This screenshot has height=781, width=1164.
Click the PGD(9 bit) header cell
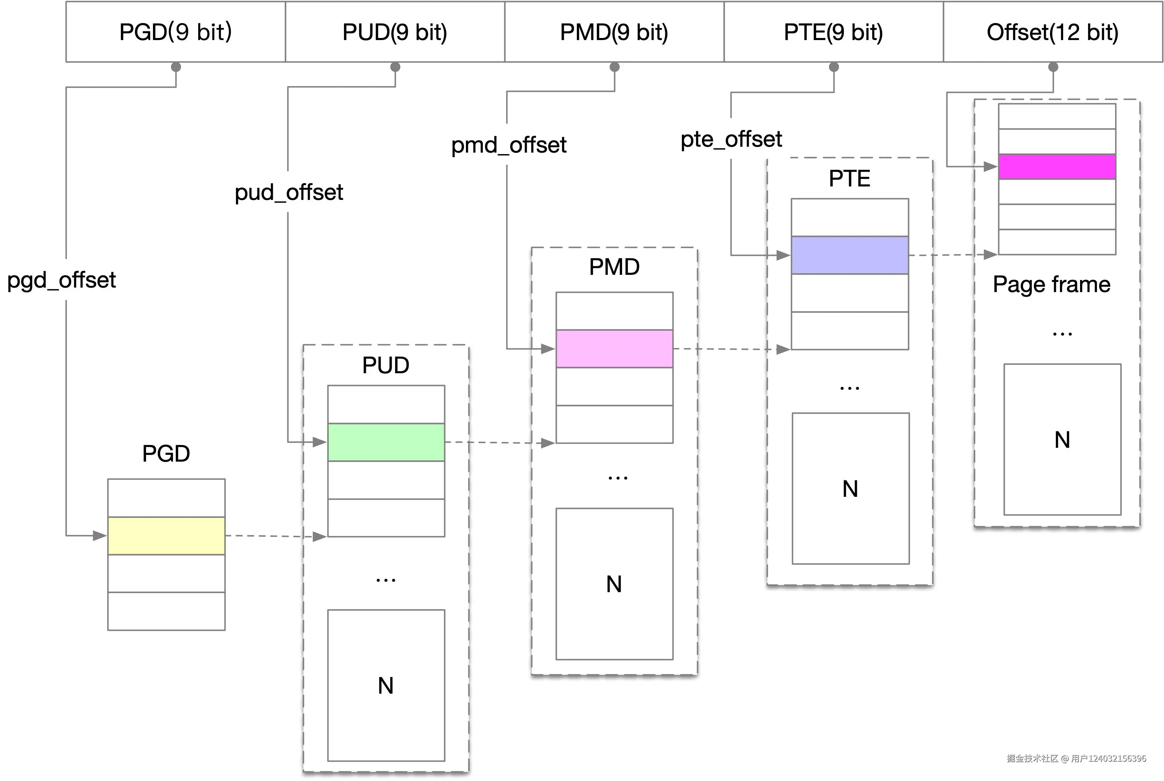click(175, 32)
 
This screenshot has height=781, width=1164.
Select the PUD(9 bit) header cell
click(395, 32)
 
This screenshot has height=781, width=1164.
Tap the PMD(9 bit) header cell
click(614, 32)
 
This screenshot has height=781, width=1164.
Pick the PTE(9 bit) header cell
click(833, 32)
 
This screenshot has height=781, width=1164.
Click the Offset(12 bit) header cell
click(1052, 32)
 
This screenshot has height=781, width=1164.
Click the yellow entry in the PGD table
click(166, 536)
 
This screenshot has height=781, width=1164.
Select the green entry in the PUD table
click(386, 442)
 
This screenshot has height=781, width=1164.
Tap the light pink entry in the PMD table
click(614, 349)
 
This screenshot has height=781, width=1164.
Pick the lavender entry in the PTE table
click(850, 255)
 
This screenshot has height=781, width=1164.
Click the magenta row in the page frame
click(1057, 166)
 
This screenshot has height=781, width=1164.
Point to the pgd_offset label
click(61, 280)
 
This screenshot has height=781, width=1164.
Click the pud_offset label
click(289, 192)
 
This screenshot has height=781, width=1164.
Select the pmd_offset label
click(509, 145)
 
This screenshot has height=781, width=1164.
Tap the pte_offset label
click(731, 139)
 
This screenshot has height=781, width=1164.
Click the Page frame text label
click(1051, 285)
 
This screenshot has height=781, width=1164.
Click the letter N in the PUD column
click(386, 686)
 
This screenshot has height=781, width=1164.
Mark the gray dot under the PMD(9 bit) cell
click(614, 67)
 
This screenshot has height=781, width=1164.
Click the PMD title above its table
click(614, 267)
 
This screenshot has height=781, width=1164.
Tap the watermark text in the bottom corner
click(1076, 758)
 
